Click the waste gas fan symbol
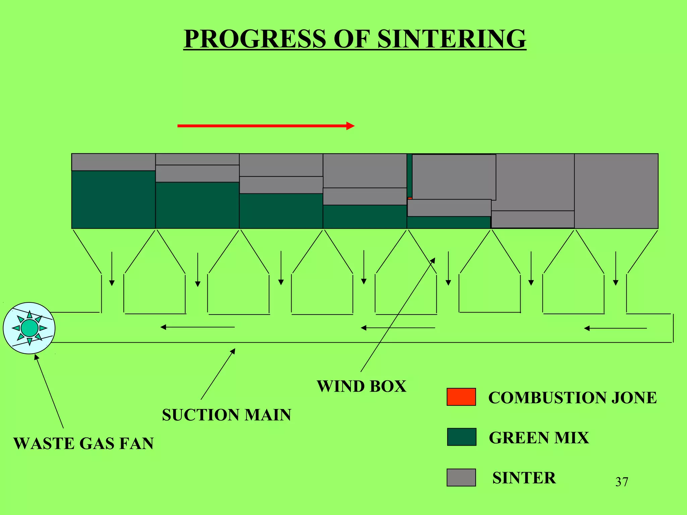(29, 328)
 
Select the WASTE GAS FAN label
(84, 443)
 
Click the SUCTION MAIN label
(227, 415)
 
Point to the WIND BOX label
(361, 386)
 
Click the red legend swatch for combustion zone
(461, 397)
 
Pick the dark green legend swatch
(462, 437)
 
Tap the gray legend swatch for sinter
(461, 477)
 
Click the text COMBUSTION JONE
(572, 398)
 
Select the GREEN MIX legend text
(539, 438)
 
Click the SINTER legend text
(524, 478)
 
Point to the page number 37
(622, 482)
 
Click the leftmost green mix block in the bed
(113, 199)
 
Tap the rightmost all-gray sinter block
(616, 191)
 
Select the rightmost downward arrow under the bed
(616, 268)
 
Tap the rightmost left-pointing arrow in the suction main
(615, 328)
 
